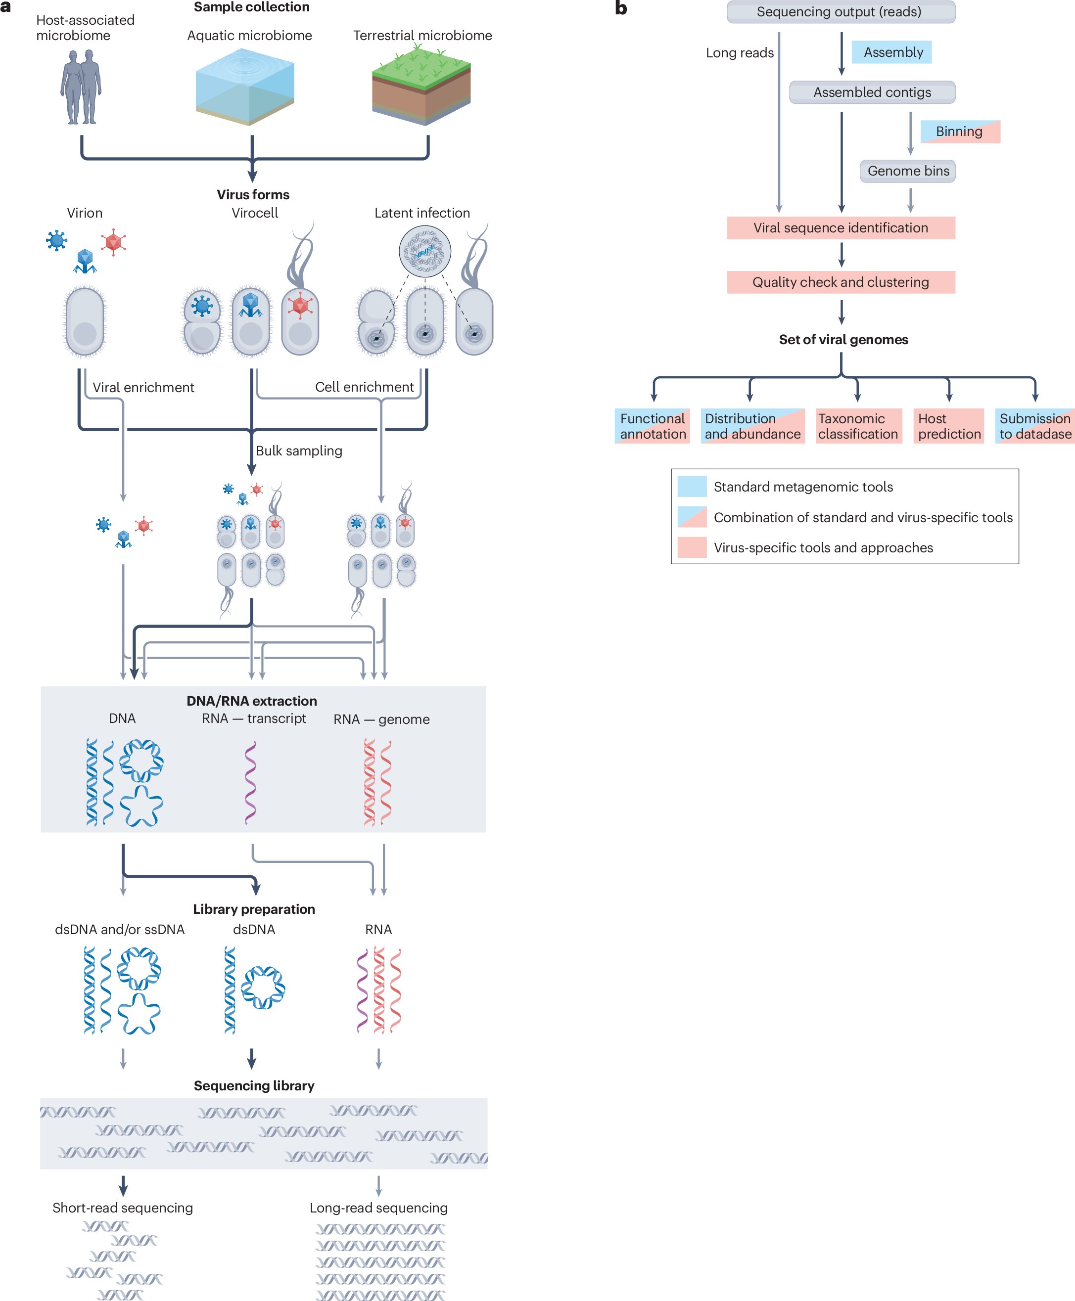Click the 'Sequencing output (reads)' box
[x=841, y=12]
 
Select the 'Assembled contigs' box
[x=872, y=92]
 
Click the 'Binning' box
[x=960, y=131]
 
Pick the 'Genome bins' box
[x=908, y=171]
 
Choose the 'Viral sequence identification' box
[x=841, y=228]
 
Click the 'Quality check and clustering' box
[x=841, y=282]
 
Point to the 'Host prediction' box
[x=949, y=426]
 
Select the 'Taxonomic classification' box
[x=858, y=426]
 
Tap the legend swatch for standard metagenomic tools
[x=692, y=487]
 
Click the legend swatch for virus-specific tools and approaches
[x=692, y=547]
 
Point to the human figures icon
[x=81, y=87]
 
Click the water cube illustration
[x=244, y=89]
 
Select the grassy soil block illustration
[x=421, y=86]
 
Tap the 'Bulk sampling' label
[x=299, y=450]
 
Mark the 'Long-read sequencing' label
[x=378, y=1208]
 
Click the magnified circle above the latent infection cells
[x=425, y=251]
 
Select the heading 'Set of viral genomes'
[x=843, y=339]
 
